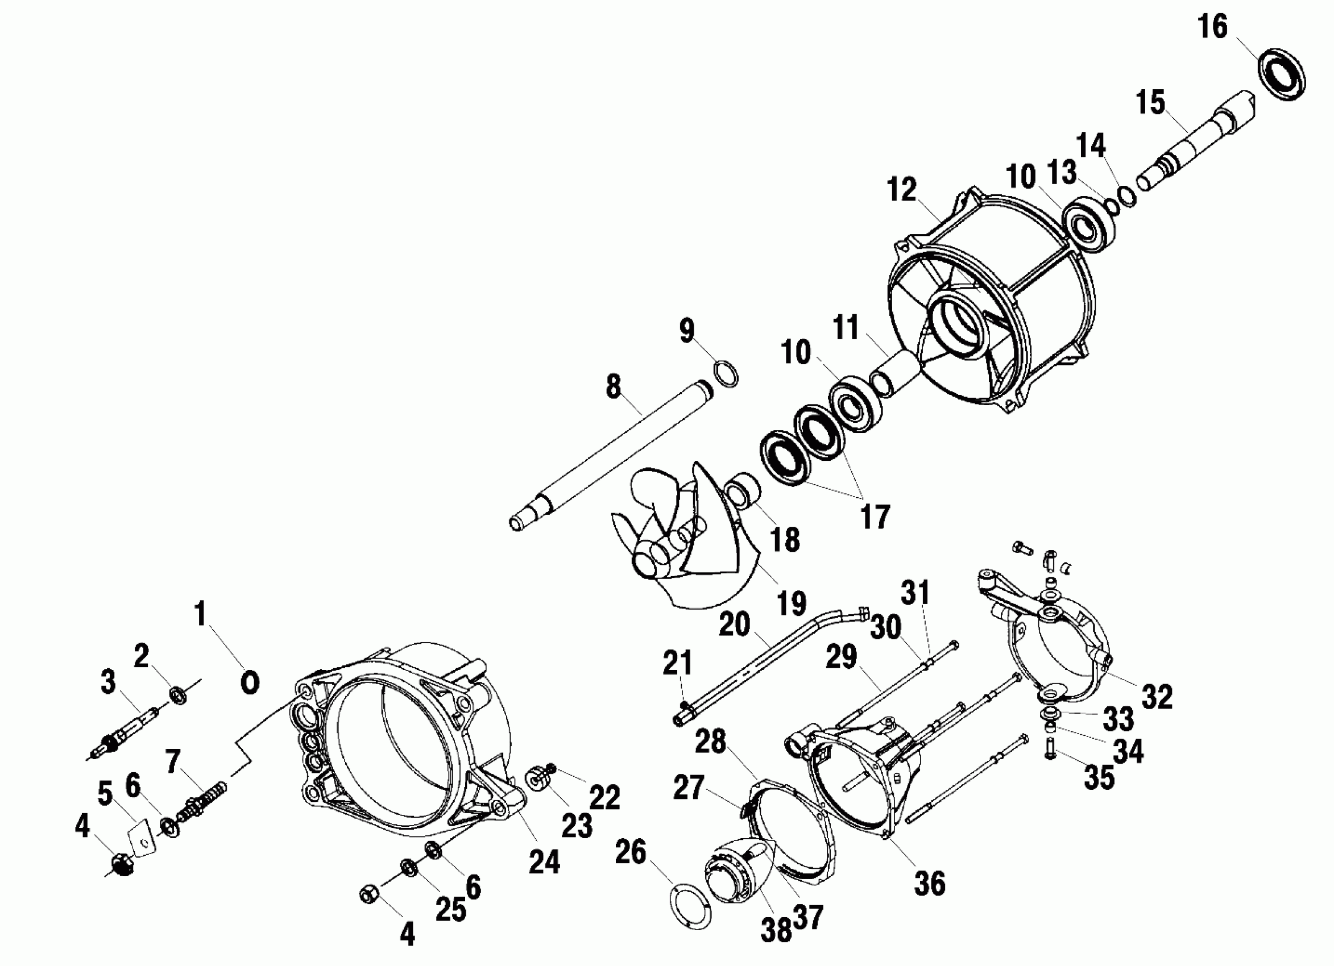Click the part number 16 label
(1212, 28)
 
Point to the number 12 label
(903, 190)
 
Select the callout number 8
(614, 388)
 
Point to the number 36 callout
(930, 884)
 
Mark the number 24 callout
(544, 863)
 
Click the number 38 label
(776, 930)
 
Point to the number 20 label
(735, 625)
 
